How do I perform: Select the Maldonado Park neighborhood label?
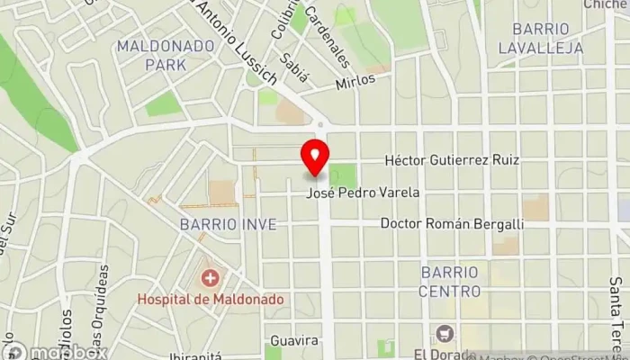coord(151,54)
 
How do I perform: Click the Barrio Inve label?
coord(220,223)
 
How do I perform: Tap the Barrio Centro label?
coord(450,282)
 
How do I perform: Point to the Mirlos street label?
coord(354,81)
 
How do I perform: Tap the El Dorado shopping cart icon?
coord(443,334)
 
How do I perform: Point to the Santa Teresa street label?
coord(617,315)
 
